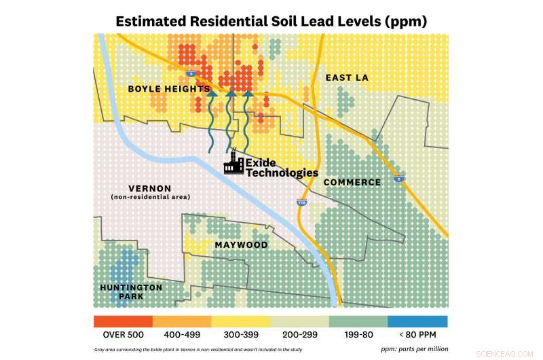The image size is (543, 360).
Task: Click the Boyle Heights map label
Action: tap(168, 89)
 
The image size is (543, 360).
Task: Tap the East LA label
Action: tap(346, 78)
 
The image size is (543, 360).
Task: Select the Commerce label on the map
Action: tap(352, 182)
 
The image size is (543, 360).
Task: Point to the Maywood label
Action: tap(241, 245)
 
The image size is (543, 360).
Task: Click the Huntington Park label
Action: tap(131, 292)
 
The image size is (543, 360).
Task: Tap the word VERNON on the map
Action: tap(149, 188)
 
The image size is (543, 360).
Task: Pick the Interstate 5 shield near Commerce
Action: tap(399, 179)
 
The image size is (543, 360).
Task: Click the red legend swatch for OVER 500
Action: tap(123, 321)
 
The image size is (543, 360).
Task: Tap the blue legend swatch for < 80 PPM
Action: tap(417, 321)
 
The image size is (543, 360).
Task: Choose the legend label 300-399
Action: tap(241, 334)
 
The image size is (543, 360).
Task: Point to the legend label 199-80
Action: tap(358, 334)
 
